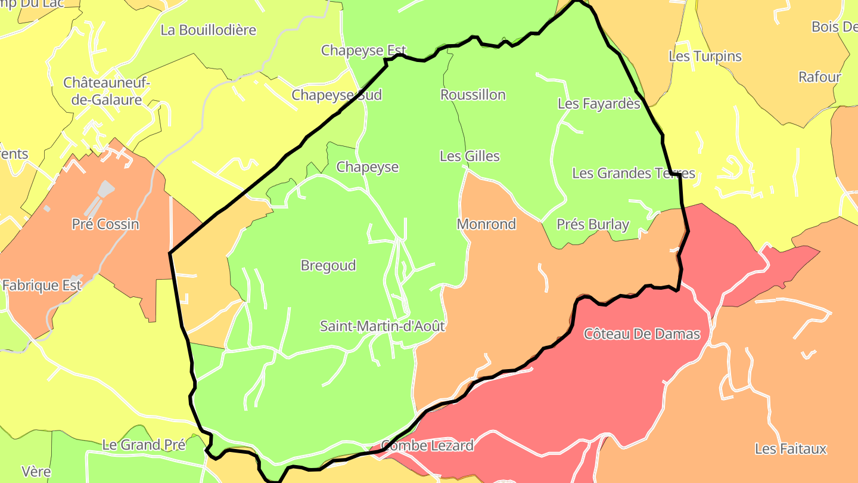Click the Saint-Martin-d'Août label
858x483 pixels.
click(x=383, y=326)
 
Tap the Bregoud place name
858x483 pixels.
click(x=328, y=265)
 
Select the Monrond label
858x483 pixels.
click(x=486, y=224)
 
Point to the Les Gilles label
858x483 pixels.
click(x=470, y=156)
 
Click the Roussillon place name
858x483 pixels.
click(x=473, y=95)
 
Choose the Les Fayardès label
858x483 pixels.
click(x=599, y=104)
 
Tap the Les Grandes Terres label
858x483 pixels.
click(x=633, y=174)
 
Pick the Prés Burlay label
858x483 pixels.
click(x=593, y=224)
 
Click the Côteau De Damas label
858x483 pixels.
click(x=642, y=334)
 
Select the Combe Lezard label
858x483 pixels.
click(x=427, y=445)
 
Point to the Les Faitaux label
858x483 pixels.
click(x=791, y=449)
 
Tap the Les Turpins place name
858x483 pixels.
click(x=705, y=57)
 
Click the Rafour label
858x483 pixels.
click(x=819, y=77)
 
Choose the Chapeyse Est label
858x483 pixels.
click(x=363, y=51)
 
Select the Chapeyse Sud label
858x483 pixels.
click(x=337, y=95)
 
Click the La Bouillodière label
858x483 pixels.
click(x=209, y=30)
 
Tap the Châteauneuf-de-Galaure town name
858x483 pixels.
click(x=107, y=91)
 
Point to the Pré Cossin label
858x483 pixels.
click(x=105, y=224)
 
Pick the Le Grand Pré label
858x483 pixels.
click(x=144, y=445)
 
